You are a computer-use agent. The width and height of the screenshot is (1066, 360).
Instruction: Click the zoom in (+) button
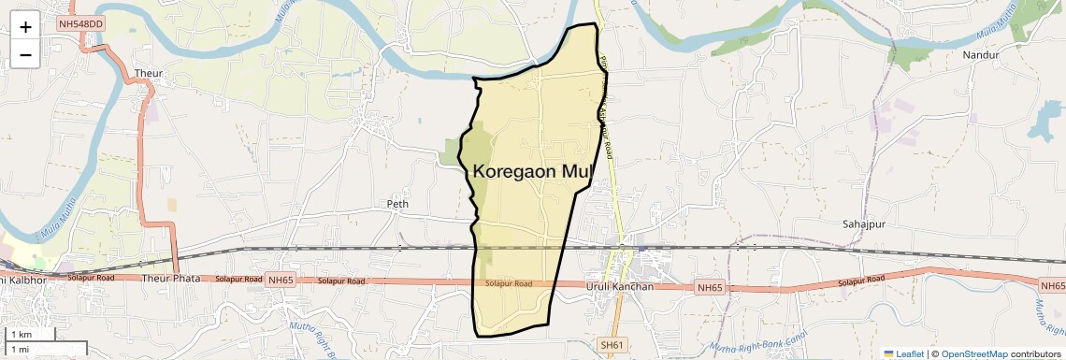25,26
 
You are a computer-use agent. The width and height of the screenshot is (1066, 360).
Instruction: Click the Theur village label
149,73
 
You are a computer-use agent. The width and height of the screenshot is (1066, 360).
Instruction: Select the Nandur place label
981,55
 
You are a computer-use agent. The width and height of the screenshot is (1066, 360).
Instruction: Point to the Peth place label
398,204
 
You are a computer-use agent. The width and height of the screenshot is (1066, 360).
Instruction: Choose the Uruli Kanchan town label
618,285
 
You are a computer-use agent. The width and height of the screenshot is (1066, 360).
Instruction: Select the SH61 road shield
612,346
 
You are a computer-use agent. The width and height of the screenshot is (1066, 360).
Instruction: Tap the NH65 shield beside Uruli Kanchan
710,288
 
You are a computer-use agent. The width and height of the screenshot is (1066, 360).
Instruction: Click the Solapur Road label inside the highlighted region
509,283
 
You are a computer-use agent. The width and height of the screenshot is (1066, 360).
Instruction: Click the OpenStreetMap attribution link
974,353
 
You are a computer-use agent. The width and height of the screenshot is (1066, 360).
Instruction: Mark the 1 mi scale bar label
21,349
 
